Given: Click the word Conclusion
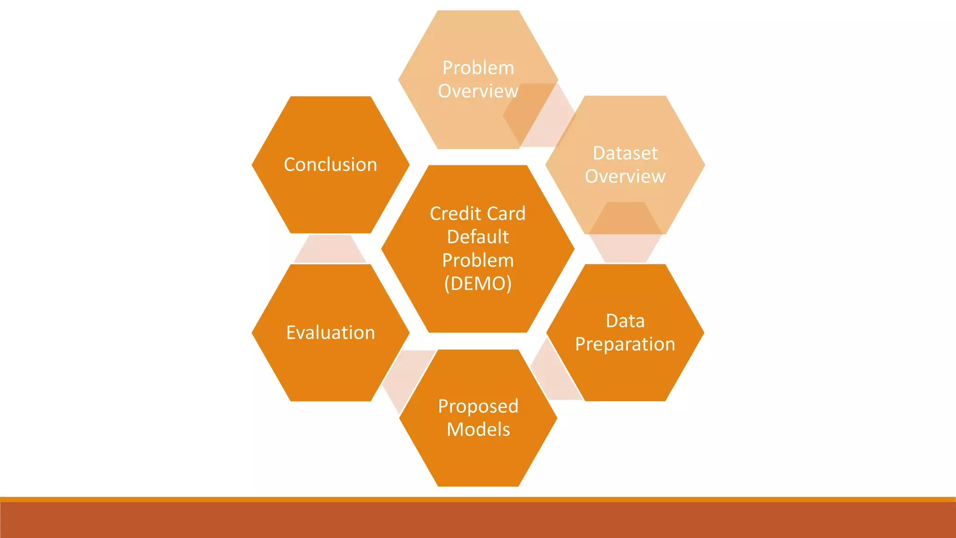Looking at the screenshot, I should (x=330, y=165).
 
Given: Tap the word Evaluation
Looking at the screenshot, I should (x=330, y=333).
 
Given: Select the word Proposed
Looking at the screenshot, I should (x=478, y=406).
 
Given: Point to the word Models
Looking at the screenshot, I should (x=478, y=430).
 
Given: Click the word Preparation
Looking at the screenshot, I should (x=625, y=345).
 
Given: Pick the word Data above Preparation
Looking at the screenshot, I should (x=625, y=321).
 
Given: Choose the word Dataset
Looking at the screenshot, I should (x=625, y=153).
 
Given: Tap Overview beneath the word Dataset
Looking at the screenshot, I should (x=625, y=177).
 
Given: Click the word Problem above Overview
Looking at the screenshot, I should (x=478, y=68).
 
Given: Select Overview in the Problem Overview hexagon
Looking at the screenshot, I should (x=478, y=91).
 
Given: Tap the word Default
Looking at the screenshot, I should (x=478, y=237).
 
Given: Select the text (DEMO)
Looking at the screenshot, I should (x=478, y=283).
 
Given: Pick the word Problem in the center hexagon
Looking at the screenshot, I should (x=478, y=260).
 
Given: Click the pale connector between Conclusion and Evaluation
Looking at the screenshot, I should (x=330, y=249).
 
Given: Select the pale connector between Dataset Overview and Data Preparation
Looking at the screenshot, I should (x=625, y=248).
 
